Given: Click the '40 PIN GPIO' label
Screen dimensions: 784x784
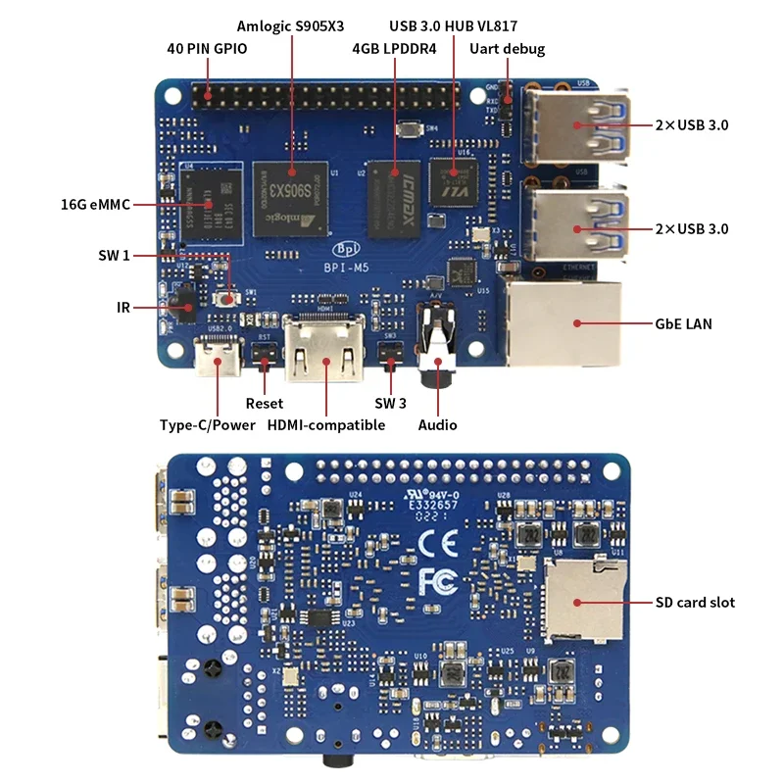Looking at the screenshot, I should click(206, 48).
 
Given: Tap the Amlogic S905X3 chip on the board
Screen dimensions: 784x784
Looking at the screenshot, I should click(291, 196).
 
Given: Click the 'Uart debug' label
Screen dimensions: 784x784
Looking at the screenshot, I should click(508, 48).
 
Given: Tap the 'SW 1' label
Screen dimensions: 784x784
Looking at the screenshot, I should click(114, 256).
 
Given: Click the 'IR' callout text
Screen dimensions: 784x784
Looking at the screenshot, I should click(122, 308).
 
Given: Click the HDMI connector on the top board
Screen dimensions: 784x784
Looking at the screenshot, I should click(324, 350).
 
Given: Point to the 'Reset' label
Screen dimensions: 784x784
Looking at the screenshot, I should click(265, 403).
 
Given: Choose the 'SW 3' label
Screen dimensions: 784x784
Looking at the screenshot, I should click(391, 403).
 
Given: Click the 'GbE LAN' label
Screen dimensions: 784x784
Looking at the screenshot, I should click(683, 323).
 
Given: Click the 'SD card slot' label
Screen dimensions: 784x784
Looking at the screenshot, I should click(695, 602).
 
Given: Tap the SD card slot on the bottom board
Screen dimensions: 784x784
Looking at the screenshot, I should click(584, 600).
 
